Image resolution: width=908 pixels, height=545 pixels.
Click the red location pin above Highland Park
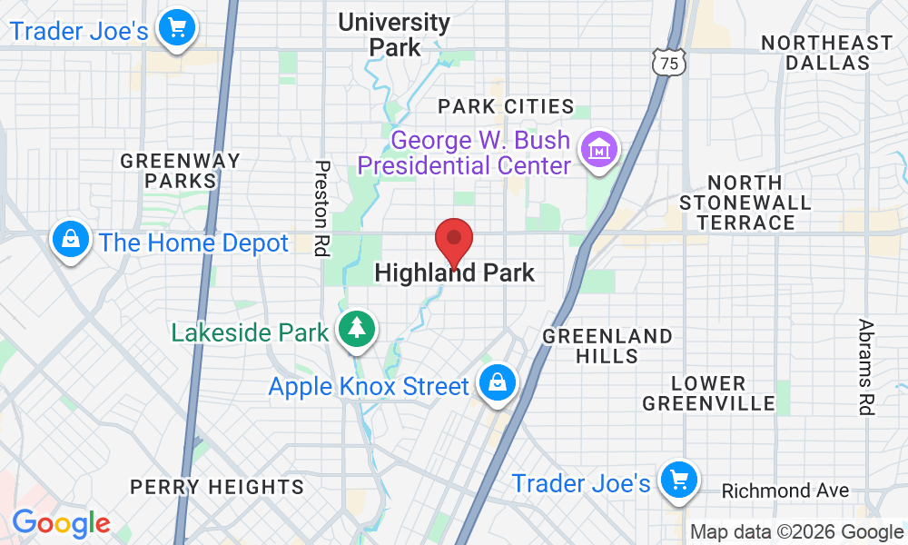click(454, 241)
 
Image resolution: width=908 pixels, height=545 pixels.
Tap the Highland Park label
click(454, 272)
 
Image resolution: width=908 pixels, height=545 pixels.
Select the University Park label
click(393, 35)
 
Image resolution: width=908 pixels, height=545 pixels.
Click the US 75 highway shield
click(668, 63)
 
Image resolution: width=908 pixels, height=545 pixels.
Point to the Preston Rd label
click(321, 208)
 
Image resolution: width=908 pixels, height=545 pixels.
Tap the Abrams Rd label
click(866, 366)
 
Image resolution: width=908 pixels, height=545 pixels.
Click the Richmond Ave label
click(785, 491)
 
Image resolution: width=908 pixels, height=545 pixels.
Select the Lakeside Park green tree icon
click(356, 329)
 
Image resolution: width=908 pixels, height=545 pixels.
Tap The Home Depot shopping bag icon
click(69, 241)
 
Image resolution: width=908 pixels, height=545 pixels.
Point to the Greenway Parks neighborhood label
click(181, 171)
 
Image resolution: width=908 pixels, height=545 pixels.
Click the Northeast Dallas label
click(826, 53)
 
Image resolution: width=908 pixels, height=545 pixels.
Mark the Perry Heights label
click(216, 488)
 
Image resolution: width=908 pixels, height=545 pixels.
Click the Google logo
click(61, 524)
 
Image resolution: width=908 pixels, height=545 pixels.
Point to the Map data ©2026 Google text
click(796, 532)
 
